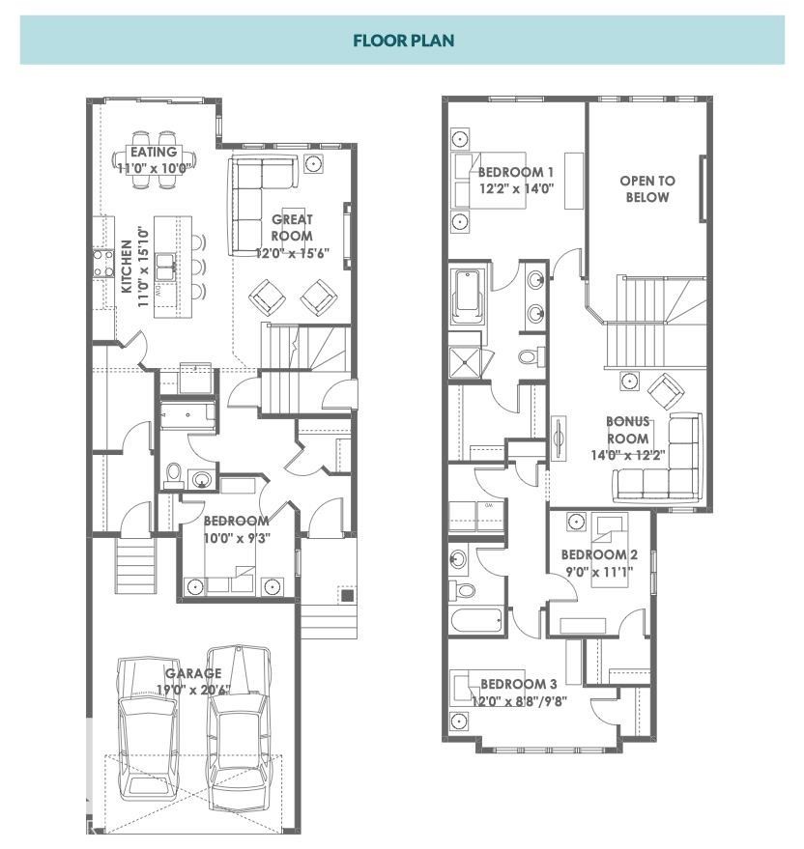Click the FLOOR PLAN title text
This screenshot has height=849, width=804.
click(402, 41)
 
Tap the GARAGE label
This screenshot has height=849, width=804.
click(193, 673)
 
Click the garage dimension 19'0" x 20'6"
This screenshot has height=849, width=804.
click(193, 690)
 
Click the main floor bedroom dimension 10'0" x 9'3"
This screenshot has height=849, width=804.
click(236, 538)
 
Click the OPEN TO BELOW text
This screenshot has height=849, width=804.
click(647, 188)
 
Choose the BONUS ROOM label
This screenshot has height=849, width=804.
click(627, 430)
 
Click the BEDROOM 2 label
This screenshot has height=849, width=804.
click(599, 554)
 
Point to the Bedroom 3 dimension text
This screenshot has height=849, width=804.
click(518, 700)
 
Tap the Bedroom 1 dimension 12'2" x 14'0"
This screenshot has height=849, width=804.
click(516, 189)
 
